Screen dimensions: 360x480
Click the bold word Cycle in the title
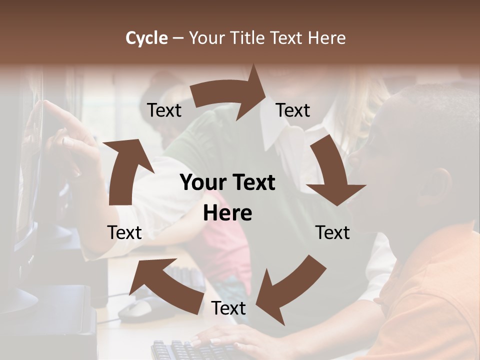point(146,38)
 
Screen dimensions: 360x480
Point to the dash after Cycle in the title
point(178,38)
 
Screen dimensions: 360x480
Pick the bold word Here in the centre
point(227,213)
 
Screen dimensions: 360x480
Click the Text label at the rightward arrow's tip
point(293,110)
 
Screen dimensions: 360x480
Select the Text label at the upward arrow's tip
point(164,110)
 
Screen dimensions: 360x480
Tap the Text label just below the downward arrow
point(332,232)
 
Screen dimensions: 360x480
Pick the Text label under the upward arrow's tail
point(124,232)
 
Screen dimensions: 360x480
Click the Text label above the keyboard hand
point(228,308)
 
